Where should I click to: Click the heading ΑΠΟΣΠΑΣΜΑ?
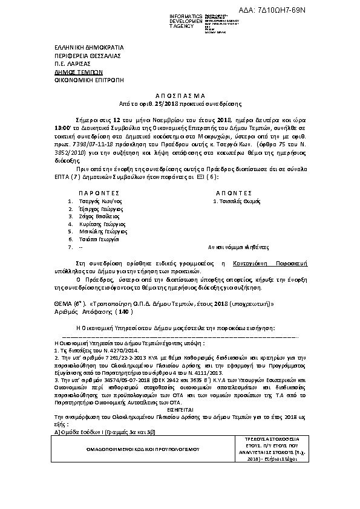pos(180,95)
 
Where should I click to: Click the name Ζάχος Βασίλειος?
pos(99,216)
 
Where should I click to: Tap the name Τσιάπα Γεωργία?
pos(97,239)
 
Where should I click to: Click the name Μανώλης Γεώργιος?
pos(101,232)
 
